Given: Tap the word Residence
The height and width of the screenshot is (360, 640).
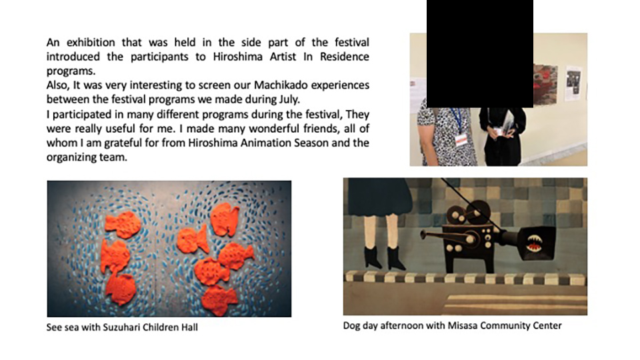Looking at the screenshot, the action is (345, 56).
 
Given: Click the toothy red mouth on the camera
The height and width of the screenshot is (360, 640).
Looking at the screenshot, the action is (534, 243).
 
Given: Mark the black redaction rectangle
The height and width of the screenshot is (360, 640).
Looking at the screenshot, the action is (480, 53).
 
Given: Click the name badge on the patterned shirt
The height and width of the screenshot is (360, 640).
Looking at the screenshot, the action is (461, 139).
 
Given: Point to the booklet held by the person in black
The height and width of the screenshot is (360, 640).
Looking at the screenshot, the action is (508, 123).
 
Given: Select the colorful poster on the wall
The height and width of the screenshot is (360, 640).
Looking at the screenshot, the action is (545, 84).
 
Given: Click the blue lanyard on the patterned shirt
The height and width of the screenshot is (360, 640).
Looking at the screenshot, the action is (457, 120).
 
